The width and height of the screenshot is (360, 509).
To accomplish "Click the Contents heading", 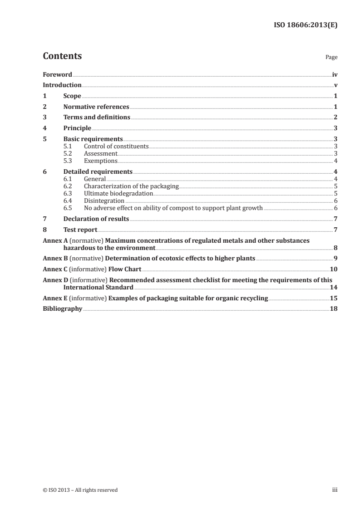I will tap(62, 56).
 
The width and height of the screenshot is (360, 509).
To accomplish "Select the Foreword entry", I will tap(57, 74).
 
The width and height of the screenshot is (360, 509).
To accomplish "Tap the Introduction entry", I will tap(62, 85).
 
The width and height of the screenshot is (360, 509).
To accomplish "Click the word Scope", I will tap(72, 96).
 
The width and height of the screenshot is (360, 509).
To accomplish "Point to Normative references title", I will tap(96, 107).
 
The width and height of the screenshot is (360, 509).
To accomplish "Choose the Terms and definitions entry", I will tap(96, 117).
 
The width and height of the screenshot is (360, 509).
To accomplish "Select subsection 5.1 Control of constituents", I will tap(116, 146).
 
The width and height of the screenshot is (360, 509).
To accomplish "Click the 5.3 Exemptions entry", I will tap(100, 161).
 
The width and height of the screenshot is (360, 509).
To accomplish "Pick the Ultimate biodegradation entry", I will tap(118, 193).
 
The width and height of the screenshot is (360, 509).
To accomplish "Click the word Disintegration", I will tap(104, 201).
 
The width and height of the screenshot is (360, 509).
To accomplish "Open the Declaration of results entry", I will tap(96, 219).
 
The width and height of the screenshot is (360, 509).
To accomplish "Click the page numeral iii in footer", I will tap(335, 490).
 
